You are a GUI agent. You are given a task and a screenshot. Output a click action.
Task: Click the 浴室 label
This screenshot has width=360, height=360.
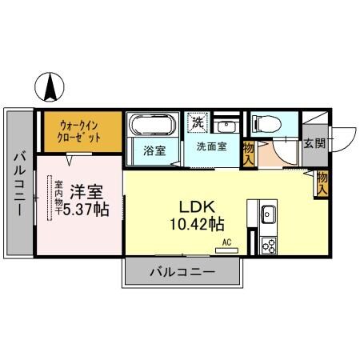click(154, 150)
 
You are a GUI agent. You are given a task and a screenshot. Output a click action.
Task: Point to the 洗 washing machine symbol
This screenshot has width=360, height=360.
click(197, 123)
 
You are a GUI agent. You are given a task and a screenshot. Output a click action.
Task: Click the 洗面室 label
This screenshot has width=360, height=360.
click(212, 147)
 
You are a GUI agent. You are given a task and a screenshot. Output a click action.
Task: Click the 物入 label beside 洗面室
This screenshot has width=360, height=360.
click(248, 152)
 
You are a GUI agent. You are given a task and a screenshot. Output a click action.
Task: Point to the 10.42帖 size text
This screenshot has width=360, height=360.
click(196, 225)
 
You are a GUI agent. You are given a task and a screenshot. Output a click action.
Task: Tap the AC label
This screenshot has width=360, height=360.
click(226, 242)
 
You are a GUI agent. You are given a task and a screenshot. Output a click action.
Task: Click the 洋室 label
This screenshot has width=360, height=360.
click(83, 192)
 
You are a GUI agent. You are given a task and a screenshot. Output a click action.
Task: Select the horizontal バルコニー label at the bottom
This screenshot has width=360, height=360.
click(182, 272)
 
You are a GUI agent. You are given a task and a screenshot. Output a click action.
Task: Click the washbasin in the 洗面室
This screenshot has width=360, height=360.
click(223, 126)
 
